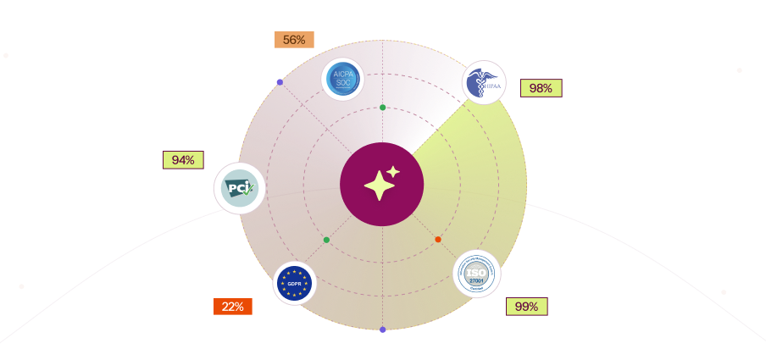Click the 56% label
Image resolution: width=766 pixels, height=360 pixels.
click(x=294, y=40)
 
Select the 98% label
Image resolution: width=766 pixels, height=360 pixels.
click(x=541, y=88)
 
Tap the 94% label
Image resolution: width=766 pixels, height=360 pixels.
click(x=183, y=160)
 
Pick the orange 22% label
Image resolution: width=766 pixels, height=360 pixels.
click(x=232, y=307)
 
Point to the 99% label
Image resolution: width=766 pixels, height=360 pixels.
click(x=526, y=307)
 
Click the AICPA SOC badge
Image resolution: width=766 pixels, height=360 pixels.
click(x=342, y=79)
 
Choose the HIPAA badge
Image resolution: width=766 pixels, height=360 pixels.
click(x=484, y=83)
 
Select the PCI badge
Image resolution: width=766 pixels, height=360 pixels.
click(x=240, y=188)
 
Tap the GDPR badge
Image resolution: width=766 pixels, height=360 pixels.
click(x=294, y=283)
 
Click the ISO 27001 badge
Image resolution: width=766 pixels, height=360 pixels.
click(x=477, y=274)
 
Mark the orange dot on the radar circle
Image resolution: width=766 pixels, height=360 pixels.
click(x=438, y=240)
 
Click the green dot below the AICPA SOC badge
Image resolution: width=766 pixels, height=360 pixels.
click(x=383, y=108)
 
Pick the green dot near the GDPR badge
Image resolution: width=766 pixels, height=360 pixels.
click(x=326, y=241)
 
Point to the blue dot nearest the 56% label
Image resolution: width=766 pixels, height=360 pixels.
click(x=280, y=82)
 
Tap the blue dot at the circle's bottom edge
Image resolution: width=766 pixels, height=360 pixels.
click(x=383, y=330)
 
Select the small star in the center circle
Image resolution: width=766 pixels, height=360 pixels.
click(x=393, y=172)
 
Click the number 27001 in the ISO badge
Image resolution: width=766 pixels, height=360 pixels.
click(x=477, y=280)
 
